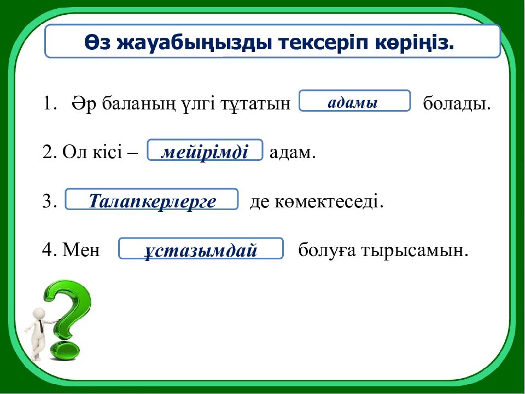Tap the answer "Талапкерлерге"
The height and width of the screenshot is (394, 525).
(x=152, y=200)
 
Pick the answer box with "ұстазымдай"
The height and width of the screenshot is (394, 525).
(x=201, y=250)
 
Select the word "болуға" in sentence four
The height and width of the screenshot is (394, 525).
(x=323, y=251)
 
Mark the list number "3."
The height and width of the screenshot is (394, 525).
(x=49, y=202)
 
